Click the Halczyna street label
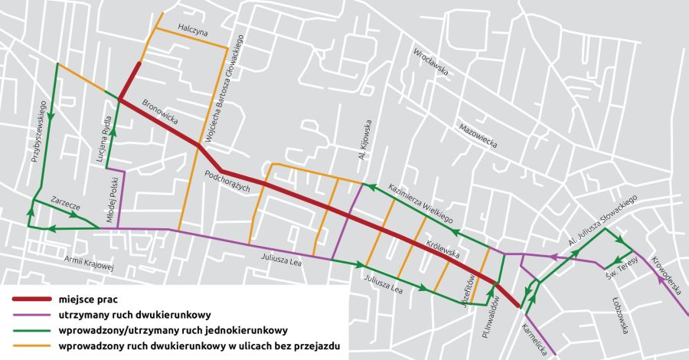pos(192,25)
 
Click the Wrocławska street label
pos(429,60)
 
